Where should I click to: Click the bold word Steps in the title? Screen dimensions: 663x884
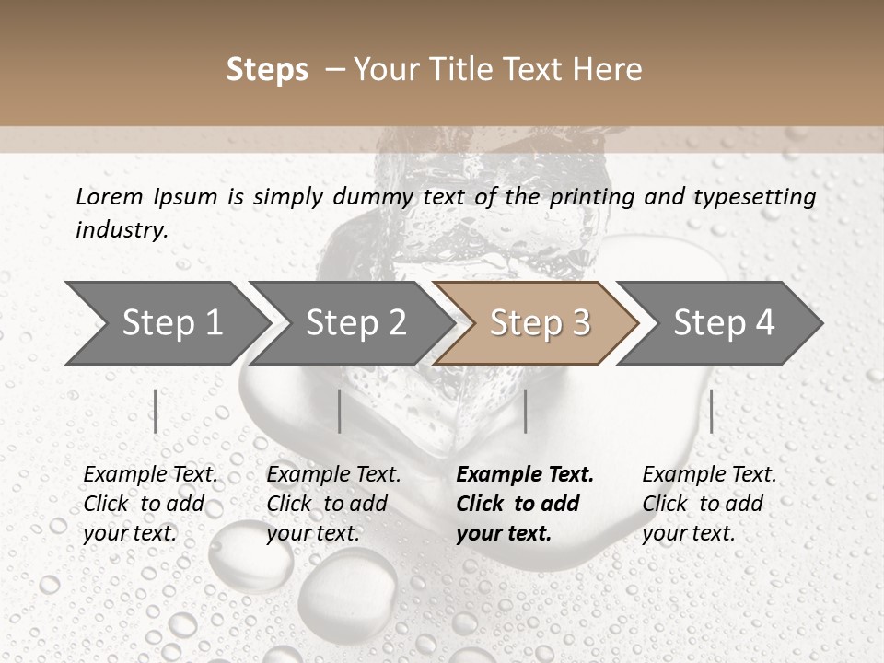coord(267,70)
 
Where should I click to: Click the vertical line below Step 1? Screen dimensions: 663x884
coord(156,411)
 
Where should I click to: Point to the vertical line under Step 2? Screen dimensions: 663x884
coord(340,411)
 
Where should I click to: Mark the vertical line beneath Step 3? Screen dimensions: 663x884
coord(526,411)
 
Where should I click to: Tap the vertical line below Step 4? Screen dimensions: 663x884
coord(712,411)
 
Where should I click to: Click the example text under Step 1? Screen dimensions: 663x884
coord(150,504)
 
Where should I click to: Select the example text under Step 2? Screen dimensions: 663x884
coord(333,504)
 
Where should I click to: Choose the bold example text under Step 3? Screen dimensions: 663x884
coord(525,504)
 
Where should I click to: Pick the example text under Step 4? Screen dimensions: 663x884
coord(709,504)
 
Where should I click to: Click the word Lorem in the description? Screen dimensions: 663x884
coord(109,197)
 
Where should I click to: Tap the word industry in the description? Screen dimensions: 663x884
coord(121,230)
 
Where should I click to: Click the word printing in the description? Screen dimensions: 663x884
coord(593,197)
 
